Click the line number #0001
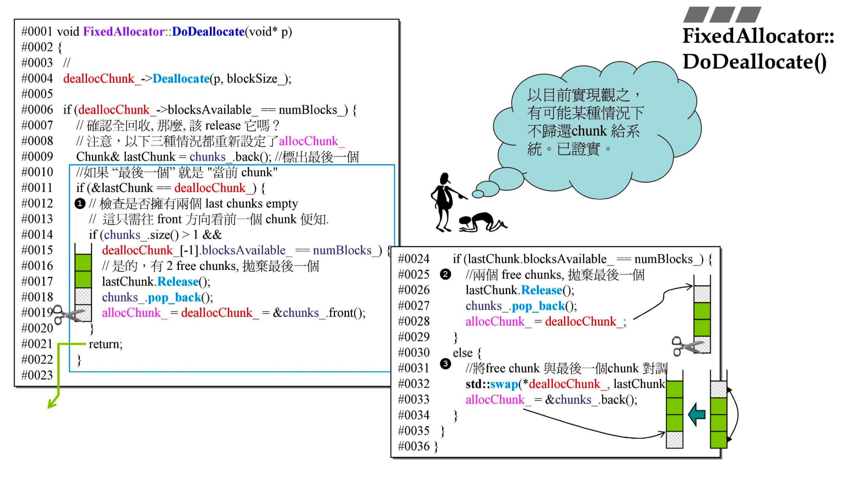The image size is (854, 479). point(37,31)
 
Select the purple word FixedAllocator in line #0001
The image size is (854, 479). point(123,31)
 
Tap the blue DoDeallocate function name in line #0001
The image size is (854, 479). point(208,31)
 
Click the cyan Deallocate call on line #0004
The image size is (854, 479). point(181,78)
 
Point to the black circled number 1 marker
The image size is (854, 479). point(80,203)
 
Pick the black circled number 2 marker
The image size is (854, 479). point(445,274)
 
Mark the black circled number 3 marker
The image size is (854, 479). point(445,364)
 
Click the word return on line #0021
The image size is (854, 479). point(106,344)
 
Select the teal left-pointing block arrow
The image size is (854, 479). point(696,414)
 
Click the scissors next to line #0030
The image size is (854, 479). point(686,346)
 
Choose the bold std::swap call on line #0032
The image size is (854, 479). point(492,384)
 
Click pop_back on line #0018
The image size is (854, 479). point(174,297)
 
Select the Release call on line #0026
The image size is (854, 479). point(541,290)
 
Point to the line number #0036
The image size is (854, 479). point(413,446)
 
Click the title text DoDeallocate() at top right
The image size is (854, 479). point(754,62)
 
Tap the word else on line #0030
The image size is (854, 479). point(463,352)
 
